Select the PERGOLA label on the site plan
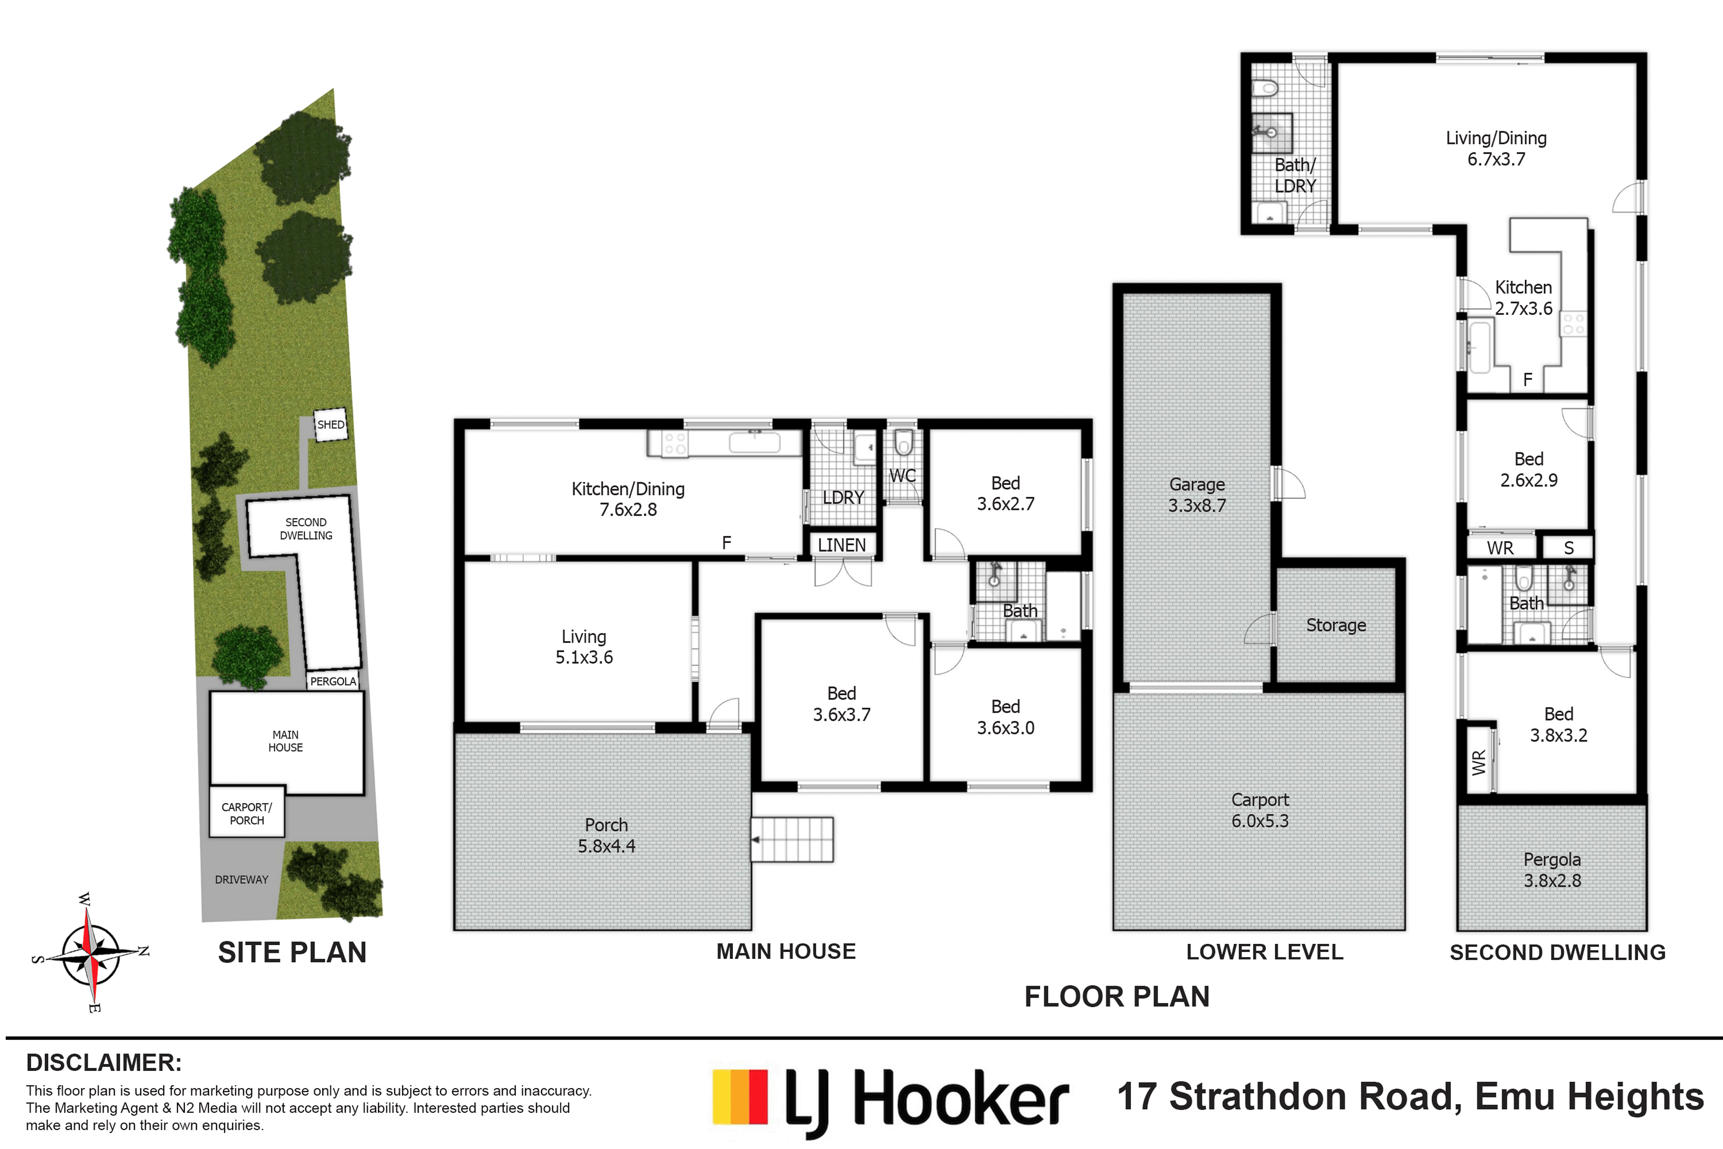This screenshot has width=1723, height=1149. (x=333, y=681)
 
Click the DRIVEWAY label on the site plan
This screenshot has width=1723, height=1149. (x=242, y=879)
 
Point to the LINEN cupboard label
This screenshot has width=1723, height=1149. (x=842, y=545)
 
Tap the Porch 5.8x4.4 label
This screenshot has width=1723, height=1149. (x=607, y=835)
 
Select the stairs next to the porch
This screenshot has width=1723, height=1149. (x=793, y=840)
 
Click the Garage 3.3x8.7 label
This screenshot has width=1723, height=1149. (x=1197, y=495)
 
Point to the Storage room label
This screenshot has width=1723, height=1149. (x=1336, y=625)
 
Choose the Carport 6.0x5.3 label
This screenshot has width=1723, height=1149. (x=1260, y=810)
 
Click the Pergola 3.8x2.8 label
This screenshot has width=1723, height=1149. (x=1552, y=870)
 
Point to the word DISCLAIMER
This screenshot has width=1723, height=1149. (x=104, y=1062)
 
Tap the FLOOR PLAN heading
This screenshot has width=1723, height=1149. (x=1117, y=996)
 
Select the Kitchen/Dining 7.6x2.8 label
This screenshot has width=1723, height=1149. (x=628, y=499)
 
